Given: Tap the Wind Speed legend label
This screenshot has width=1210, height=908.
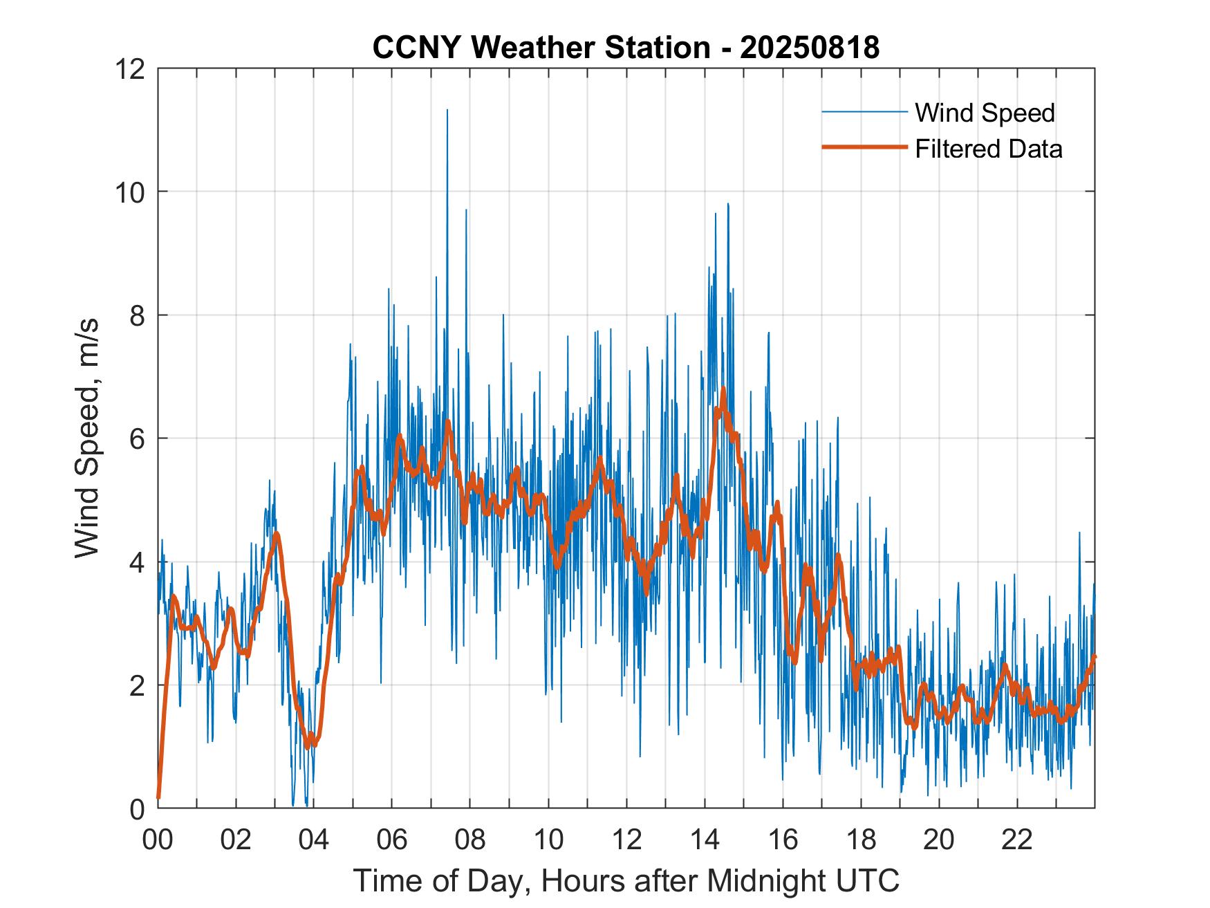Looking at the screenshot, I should tap(985, 113).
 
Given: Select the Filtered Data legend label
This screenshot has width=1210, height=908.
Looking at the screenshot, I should tap(988, 149).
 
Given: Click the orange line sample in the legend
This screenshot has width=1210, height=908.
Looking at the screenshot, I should tap(864, 147).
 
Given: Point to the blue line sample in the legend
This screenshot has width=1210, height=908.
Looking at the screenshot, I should tap(864, 112).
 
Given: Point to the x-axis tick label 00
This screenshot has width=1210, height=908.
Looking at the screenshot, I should tap(158, 840).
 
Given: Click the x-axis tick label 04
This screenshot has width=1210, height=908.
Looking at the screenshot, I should tap(314, 840).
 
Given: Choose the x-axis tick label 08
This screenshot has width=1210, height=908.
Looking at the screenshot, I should tap(470, 840).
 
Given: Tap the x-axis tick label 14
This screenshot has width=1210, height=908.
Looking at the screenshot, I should tap(705, 840).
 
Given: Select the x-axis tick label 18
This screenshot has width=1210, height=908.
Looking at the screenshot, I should tap(861, 840).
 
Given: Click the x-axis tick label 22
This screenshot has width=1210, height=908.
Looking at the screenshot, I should tap(1017, 840).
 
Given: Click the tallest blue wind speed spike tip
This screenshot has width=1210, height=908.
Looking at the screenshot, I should tap(447, 110).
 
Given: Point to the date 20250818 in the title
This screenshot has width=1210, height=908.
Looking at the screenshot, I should tap(809, 48).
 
